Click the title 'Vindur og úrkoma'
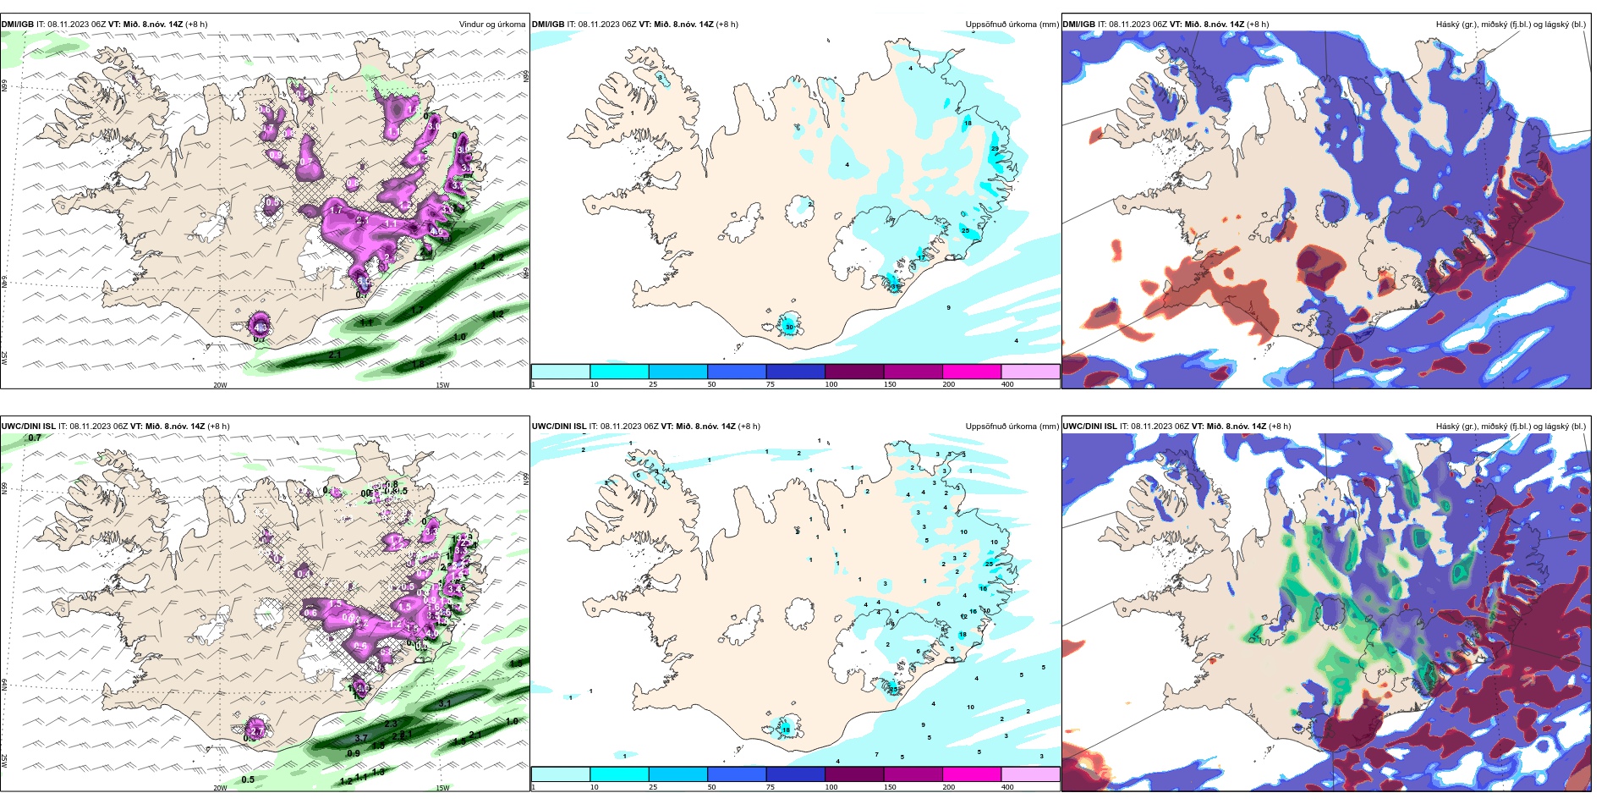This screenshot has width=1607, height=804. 491,25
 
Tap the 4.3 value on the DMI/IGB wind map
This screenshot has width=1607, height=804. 261,327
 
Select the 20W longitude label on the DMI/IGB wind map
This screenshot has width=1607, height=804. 220,385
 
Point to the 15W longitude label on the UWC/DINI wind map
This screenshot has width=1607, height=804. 442,787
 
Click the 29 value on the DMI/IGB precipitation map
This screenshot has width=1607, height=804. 995,149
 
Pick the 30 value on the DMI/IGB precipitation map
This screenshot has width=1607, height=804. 789,327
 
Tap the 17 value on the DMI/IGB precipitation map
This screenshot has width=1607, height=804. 921,257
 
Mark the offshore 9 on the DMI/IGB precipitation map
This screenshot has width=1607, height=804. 948,308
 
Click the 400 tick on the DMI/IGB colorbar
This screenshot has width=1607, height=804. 1007,384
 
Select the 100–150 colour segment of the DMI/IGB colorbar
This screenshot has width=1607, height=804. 853,372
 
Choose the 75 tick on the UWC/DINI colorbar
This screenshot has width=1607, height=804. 770,787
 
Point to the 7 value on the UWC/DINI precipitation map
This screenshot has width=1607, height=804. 876,755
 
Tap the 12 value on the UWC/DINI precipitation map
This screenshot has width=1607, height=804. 963,616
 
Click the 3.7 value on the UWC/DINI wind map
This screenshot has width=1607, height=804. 361,739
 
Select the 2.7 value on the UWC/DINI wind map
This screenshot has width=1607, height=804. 258,730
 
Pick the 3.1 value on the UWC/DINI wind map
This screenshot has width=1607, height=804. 445,703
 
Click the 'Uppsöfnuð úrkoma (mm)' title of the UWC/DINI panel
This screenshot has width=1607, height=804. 1012,427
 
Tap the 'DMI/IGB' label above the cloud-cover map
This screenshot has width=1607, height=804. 1078,25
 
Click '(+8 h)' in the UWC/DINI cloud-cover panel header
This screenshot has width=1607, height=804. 1280,427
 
